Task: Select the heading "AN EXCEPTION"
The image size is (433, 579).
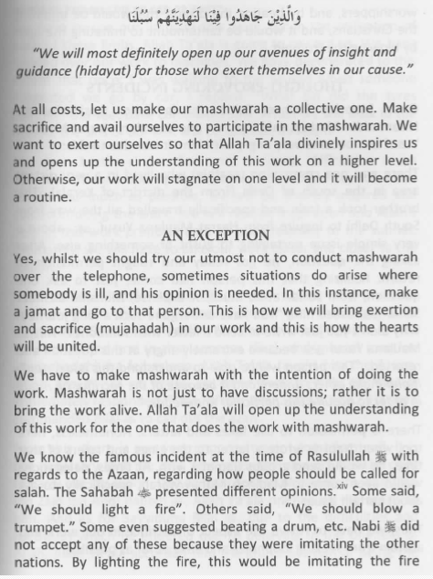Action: click(x=217, y=235)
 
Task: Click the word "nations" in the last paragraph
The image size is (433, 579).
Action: click(x=39, y=553)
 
